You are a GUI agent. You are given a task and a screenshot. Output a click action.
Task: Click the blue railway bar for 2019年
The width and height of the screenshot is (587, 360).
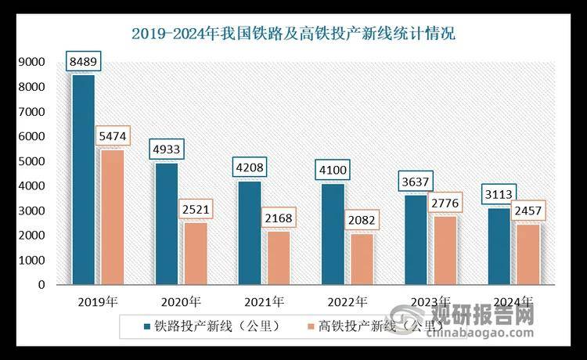(83, 180)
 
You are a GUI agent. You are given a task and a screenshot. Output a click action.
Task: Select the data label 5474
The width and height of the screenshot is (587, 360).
(113, 136)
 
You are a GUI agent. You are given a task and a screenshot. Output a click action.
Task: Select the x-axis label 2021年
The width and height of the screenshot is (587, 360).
(263, 301)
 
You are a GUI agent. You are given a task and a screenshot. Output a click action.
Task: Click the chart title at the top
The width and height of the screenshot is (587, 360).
(293, 34)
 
